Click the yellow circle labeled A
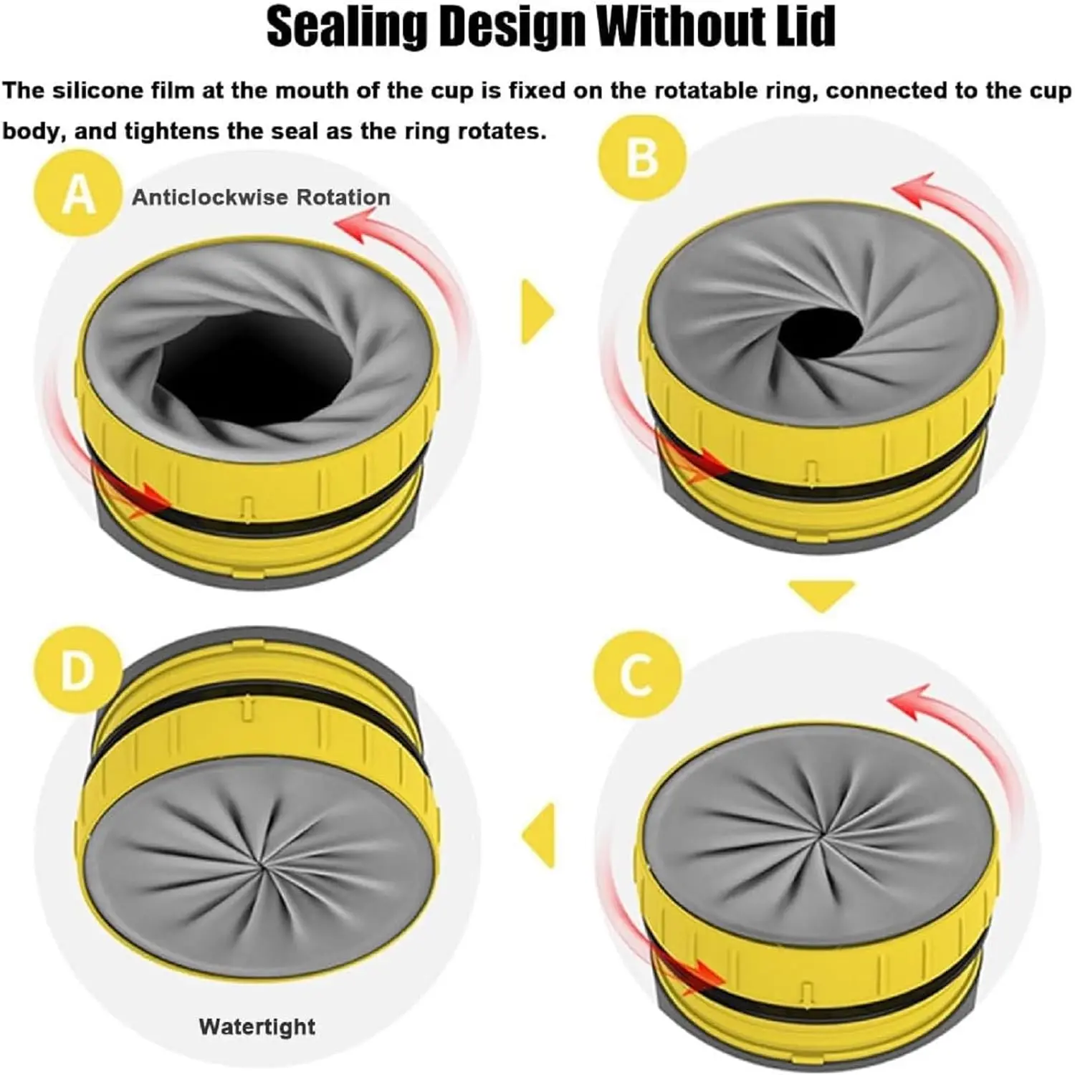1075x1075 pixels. (77, 193)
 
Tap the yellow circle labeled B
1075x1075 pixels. (641, 156)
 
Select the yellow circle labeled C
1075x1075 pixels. (636, 674)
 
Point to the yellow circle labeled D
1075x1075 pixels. (77, 670)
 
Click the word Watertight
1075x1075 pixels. (257, 1026)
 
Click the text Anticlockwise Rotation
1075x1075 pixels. (261, 197)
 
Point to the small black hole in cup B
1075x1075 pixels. (821, 331)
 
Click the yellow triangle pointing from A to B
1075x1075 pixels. (537, 312)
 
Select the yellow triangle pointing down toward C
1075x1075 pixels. (821, 594)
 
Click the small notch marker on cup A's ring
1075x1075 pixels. (246, 505)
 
